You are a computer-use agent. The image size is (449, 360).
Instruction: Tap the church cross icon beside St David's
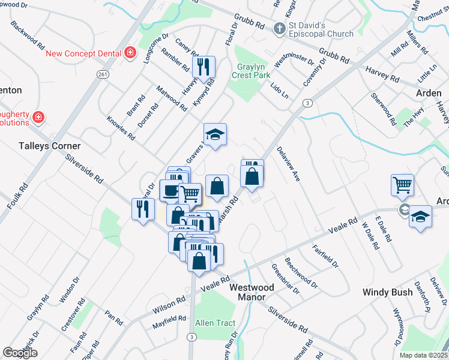[x=279, y=28]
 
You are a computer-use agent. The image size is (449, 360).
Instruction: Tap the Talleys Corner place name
[x=49, y=146]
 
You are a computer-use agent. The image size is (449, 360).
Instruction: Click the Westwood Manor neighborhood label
[x=252, y=292]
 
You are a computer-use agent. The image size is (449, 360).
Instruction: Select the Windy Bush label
[x=387, y=292]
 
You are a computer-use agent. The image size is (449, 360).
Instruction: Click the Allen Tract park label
[x=215, y=323]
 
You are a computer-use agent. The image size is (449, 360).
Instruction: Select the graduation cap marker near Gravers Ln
[x=214, y=134]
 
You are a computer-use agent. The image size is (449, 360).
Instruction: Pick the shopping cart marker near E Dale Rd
[x=402, y=184]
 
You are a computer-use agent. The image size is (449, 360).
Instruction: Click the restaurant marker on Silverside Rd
[x=142, y=209]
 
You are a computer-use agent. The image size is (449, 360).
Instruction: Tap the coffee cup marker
[x=170, y=191]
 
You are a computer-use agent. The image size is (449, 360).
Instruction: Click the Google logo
[x=20, y=353]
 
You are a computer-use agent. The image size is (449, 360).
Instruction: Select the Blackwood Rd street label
[x=28, y=36]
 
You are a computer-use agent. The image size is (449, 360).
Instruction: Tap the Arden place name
[x=429, y=93]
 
